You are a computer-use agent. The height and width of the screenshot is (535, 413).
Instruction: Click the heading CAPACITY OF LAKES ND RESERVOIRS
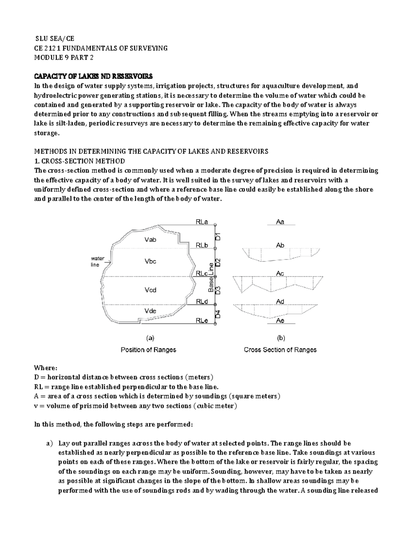coord(93,76)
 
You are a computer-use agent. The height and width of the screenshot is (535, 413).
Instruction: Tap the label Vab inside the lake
coord(150,240)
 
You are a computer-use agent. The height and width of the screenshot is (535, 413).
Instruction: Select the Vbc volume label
coord(150,261)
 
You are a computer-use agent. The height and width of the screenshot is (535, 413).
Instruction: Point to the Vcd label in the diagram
coord(150,290)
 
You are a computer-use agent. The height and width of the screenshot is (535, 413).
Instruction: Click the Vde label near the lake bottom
coord(150,311)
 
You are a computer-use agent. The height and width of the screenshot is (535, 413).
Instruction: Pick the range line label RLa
coord(202,222)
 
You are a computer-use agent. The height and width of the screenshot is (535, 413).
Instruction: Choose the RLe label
coord(202,321)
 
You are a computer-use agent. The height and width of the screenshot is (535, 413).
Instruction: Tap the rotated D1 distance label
coord(218,237)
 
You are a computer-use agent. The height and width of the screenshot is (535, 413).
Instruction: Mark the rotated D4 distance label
coord(218,314)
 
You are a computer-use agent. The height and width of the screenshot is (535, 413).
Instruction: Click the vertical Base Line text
coord(211,277)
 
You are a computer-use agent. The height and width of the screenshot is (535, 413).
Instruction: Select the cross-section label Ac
coord(280,274)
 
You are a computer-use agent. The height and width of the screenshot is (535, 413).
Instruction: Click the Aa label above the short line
coord(280,222)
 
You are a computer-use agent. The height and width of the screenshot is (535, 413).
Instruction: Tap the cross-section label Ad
coord(280,302)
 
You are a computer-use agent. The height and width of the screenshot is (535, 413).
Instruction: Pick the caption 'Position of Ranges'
coord(148,350)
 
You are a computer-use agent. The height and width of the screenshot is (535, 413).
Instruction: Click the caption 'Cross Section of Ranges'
coord(280,350)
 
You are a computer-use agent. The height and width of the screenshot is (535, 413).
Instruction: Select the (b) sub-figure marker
coord(280,338)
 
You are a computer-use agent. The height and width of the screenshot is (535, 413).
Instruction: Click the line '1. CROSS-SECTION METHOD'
coord(80,161)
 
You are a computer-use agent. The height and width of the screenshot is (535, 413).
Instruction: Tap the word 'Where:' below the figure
coord(44,368)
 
